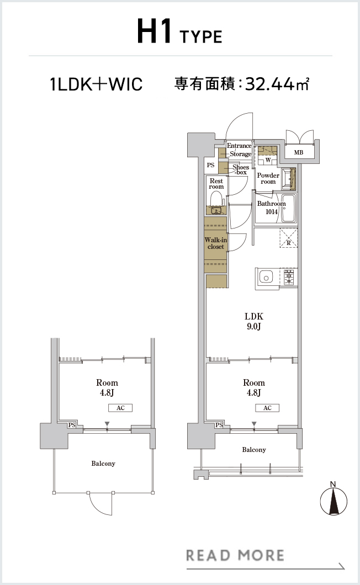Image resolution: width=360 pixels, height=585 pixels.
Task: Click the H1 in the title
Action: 154,31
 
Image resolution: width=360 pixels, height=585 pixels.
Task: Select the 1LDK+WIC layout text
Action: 96,84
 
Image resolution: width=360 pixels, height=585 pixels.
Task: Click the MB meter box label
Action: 298,152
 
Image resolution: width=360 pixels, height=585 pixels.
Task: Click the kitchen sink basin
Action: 266,278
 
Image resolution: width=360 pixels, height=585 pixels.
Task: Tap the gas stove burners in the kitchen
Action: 289,278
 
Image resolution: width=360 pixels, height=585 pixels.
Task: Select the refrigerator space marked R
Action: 289,238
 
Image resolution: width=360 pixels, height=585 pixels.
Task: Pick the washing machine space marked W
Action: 268,160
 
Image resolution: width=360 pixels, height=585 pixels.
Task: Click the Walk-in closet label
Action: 216,243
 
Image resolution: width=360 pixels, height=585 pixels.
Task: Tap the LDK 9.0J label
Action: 254,321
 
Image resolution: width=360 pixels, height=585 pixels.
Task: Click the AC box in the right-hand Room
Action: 267,408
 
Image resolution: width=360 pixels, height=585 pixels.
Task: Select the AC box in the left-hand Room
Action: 120,408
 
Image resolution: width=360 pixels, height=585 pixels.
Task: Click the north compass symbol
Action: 333,500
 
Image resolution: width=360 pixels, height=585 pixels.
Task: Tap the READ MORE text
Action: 235,556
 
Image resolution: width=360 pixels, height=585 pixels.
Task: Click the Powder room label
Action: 268,178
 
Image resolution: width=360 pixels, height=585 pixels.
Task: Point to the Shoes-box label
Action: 241,170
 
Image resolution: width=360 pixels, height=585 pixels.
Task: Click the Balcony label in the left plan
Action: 103,464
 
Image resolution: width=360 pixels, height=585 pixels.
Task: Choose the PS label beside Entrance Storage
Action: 210,165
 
